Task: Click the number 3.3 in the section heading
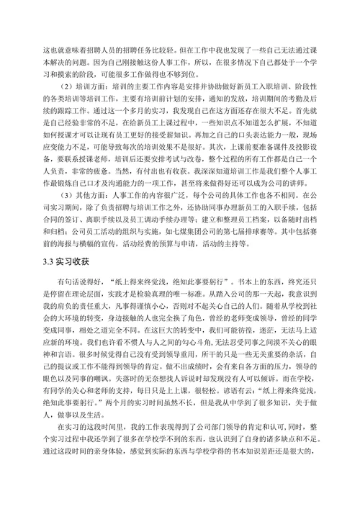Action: coord(49,241)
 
